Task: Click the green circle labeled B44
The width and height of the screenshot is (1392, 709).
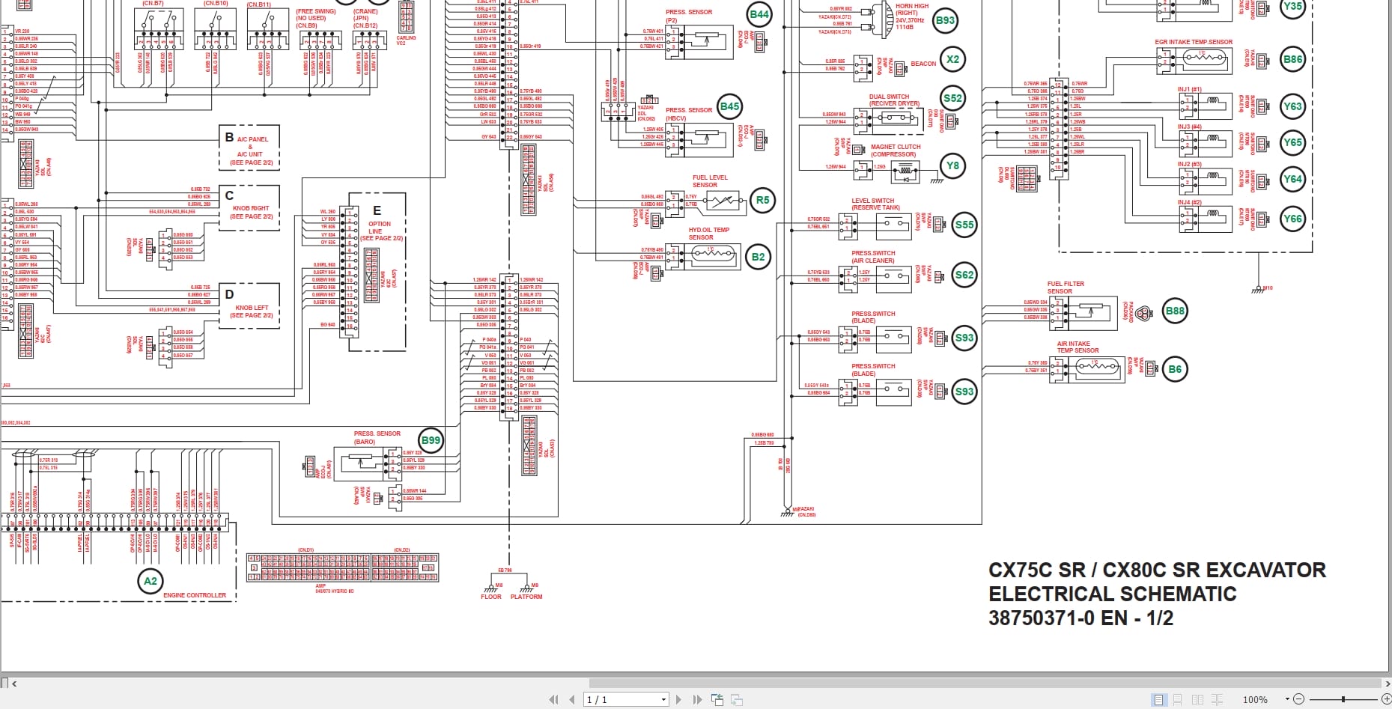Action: [759, 14]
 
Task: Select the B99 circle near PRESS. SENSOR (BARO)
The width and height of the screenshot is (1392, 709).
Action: [431, 440]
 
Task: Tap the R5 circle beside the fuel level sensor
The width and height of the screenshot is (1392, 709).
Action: [762, 200]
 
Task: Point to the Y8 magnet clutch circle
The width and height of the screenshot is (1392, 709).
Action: [952, 165]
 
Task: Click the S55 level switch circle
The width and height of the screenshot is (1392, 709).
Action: [964, 225]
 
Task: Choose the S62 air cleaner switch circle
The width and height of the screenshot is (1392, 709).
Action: [964, 275]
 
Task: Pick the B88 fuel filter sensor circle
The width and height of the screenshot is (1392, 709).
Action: [1175, 311]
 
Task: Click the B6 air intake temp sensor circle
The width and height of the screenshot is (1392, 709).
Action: [1175, 369]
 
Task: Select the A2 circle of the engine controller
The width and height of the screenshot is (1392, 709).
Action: [151, 581]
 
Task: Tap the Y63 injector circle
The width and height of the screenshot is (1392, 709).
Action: [1292, 106]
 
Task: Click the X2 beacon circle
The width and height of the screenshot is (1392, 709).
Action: [952, 59]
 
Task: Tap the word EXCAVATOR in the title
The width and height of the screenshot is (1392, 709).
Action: [1266, 570]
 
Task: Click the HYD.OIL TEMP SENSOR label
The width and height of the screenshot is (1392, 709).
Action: [708, 234]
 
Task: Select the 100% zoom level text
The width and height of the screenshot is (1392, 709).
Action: [1255, 699]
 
